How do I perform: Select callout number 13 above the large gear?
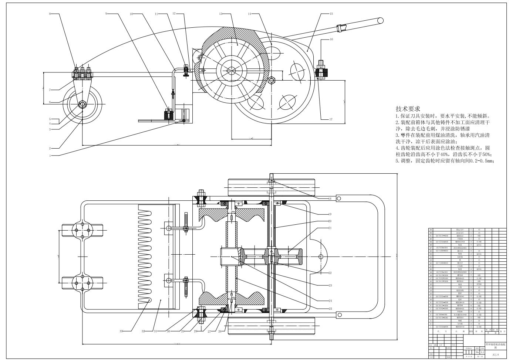click(220, 14)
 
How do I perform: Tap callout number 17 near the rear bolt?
click(331, 119)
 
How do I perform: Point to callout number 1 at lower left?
click(50, 156)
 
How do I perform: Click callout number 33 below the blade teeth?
click(121, 331)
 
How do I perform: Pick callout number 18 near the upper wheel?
click(330, 199)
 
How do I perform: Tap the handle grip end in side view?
click(379, 20)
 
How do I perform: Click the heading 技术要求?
click(408, 109)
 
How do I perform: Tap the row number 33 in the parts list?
click(431, 230)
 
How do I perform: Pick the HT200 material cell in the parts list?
click(479, 284)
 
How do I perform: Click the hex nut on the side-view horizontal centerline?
click(272, 80)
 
